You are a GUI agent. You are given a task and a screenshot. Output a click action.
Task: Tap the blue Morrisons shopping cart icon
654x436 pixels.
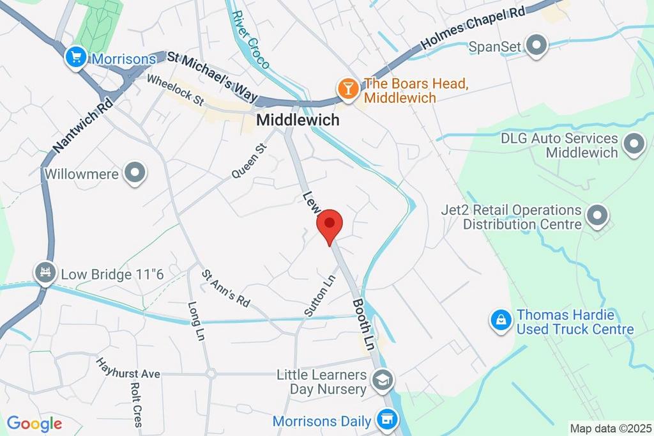tap(76, 59)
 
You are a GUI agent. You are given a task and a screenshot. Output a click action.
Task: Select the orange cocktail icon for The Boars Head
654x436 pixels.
tap(348, 90)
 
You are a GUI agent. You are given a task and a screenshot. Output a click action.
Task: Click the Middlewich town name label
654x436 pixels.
tap(298, 120)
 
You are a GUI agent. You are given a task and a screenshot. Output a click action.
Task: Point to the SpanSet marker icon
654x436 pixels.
tap(537, 46)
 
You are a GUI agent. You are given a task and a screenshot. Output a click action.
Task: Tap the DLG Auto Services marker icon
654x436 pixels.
tap(634, 145)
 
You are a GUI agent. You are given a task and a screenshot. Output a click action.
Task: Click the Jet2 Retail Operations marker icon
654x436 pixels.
tap(597, 217)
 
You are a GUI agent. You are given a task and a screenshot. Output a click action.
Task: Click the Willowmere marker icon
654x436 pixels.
tap(135, 173)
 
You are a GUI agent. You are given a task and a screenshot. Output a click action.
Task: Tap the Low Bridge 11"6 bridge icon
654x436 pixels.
tap(45, 274)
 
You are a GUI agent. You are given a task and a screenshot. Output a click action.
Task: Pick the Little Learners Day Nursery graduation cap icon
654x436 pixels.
tap(383, 381)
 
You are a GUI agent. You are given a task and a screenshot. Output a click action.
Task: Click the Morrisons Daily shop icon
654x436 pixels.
tap(386, 421)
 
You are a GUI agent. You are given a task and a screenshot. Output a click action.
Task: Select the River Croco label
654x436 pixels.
tap(250, 40)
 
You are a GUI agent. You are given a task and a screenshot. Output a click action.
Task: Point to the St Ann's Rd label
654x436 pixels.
tap(226, 288)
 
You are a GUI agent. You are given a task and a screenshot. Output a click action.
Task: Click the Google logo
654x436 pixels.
tap(34, 423)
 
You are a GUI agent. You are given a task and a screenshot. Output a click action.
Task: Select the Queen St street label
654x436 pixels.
tap(248, 161)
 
